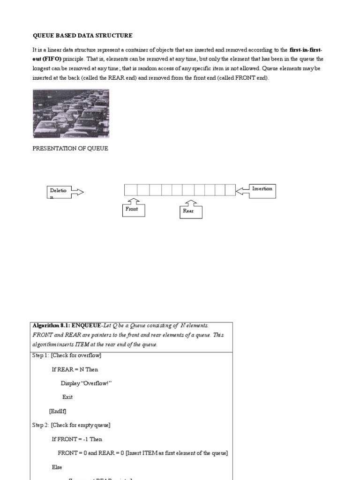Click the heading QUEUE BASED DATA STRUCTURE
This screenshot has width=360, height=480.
coord(82,35)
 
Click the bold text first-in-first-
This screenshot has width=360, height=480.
coord(306,49)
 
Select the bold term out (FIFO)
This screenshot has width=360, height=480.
coord(47,59)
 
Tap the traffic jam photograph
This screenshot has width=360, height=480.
coord(70,113)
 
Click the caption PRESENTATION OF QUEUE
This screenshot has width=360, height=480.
coord(70,148)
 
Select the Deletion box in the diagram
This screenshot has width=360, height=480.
coord(59,192)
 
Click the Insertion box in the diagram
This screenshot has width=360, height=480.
coord(262,190)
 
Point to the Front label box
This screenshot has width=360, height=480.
coord(133,210)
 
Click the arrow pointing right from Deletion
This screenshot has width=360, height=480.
coord(77,192)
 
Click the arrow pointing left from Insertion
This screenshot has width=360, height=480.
coord(242,190)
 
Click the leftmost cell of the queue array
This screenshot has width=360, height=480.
coord(130,190)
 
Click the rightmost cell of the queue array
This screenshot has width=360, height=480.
coord(230,190)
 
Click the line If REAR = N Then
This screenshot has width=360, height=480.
coord(75,369)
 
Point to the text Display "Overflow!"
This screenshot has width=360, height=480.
coord(86,383)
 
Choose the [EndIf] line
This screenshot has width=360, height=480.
coord(58,411)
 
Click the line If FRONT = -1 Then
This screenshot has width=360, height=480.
coord(76,439)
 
